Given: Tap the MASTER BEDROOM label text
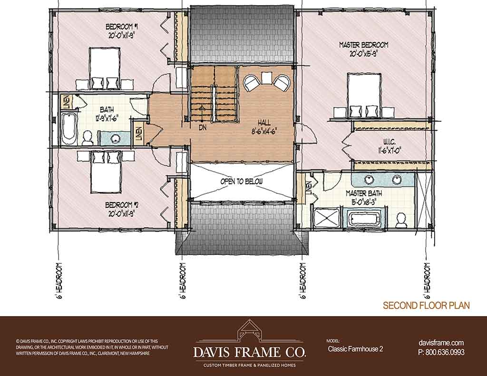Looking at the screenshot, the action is [x=364, y=45].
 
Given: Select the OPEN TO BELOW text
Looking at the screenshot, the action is [x=241, y=181].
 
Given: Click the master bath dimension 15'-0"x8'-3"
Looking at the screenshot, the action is [x=364, y=202].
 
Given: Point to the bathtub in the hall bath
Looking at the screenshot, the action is [x=68, y=129].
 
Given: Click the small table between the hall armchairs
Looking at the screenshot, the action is [x=266, y=77].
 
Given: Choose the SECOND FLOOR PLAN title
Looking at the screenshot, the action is [x=426, y=306].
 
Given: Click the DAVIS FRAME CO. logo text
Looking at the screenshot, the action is [x=250, y=352].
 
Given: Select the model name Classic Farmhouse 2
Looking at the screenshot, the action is [x=355, y=349].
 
